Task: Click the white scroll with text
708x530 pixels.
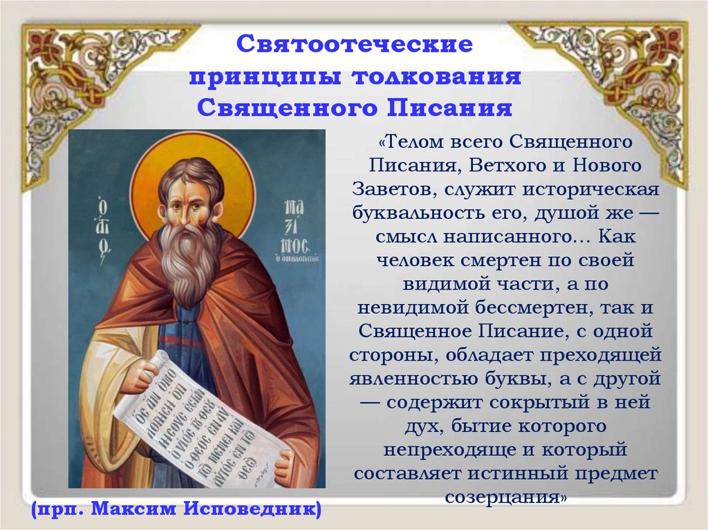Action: pyautogui.click(x=201, y=422)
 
